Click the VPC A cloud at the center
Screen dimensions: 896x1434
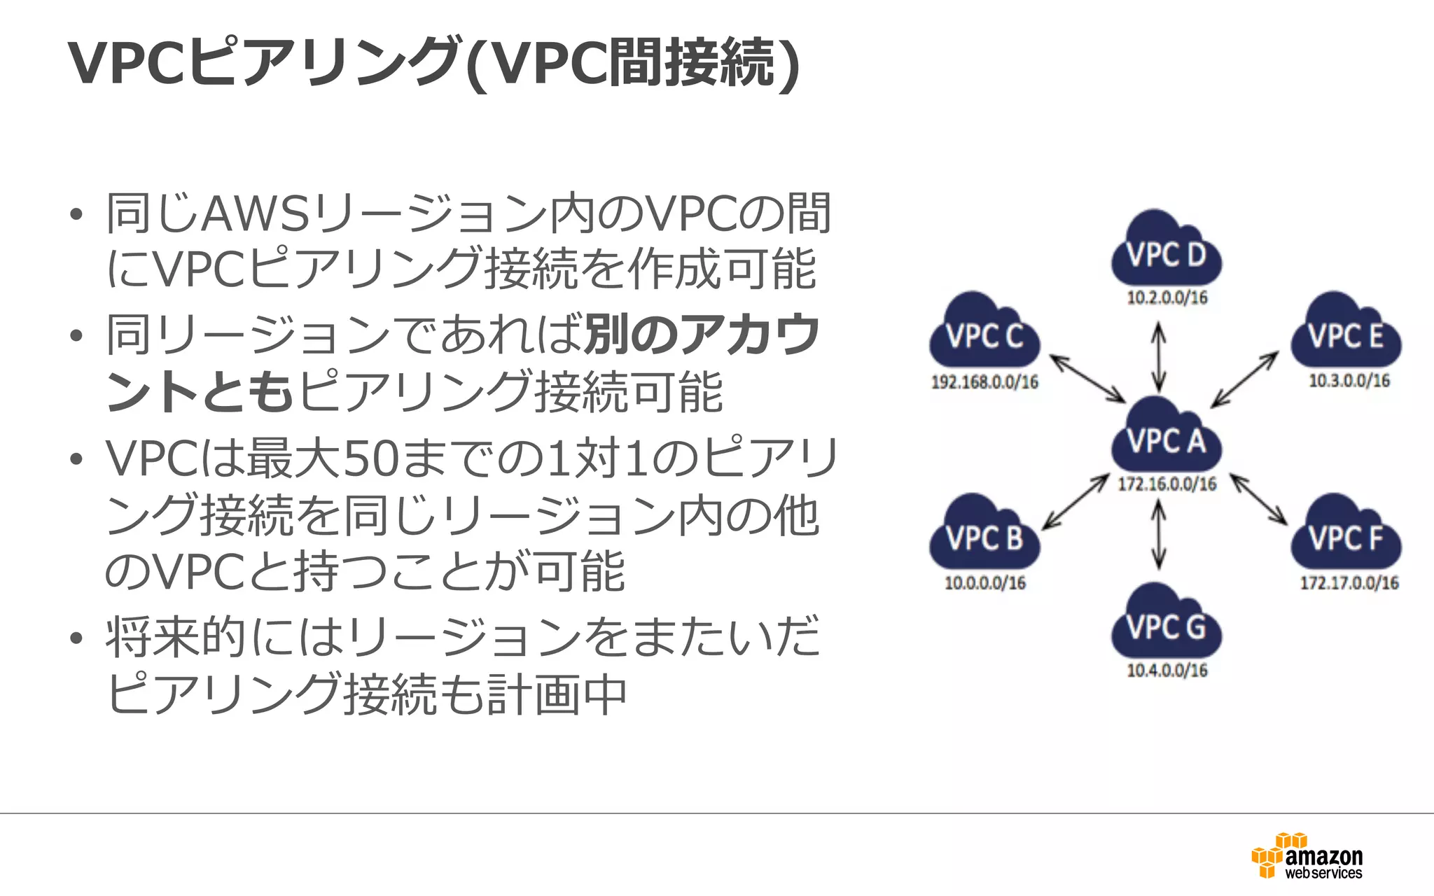pyautogui.click(x=1167, y=438)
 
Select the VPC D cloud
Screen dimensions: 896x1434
pyautogui.click(x=1167, y=252)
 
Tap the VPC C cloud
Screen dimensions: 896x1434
pyautogui.click(x=984, y=335)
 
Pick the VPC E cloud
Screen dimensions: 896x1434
pyautogui.click(x=1346, y=335)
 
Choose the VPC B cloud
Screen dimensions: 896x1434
pyautogui.click(x=984, y=536)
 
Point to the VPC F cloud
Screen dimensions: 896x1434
pyautogui.click(x=1346, y=536)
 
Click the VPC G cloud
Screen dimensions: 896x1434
pyautogui.click(x=1167, y=624)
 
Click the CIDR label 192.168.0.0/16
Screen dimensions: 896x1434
pyautogui.click(x=984, y=382)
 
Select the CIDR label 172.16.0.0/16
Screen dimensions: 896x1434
pyautogui.click(x=1167, y=484)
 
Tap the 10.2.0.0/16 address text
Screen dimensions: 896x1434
pyautogui.click(x=1167, y=297)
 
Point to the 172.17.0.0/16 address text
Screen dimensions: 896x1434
pyautogui.click(x=1349, y=582)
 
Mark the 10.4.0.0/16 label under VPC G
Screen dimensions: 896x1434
pyautogui.click(x=1167, y=670)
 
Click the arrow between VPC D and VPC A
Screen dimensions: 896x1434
pyautogui.click(x=1159, y=356)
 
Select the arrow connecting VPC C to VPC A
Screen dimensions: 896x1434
pyautogui.click(x=1087, y=379)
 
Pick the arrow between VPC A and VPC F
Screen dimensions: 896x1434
pyautogui.click(x=1258, y=499)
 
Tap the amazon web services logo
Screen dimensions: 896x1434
pyautogui.click(x=1307, y=856)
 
